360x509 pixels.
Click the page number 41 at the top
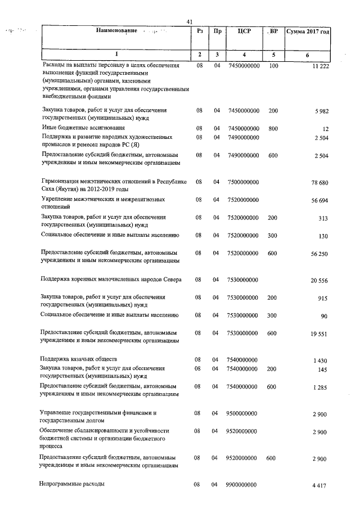[x=189, y=22]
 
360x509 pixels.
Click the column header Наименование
[x=116, y=31]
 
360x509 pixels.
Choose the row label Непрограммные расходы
[x=71, y=484]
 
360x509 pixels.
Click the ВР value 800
[x=273, y=128]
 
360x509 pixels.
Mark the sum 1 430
[x=319, y=360]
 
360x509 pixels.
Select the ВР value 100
[x=273, y=66]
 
